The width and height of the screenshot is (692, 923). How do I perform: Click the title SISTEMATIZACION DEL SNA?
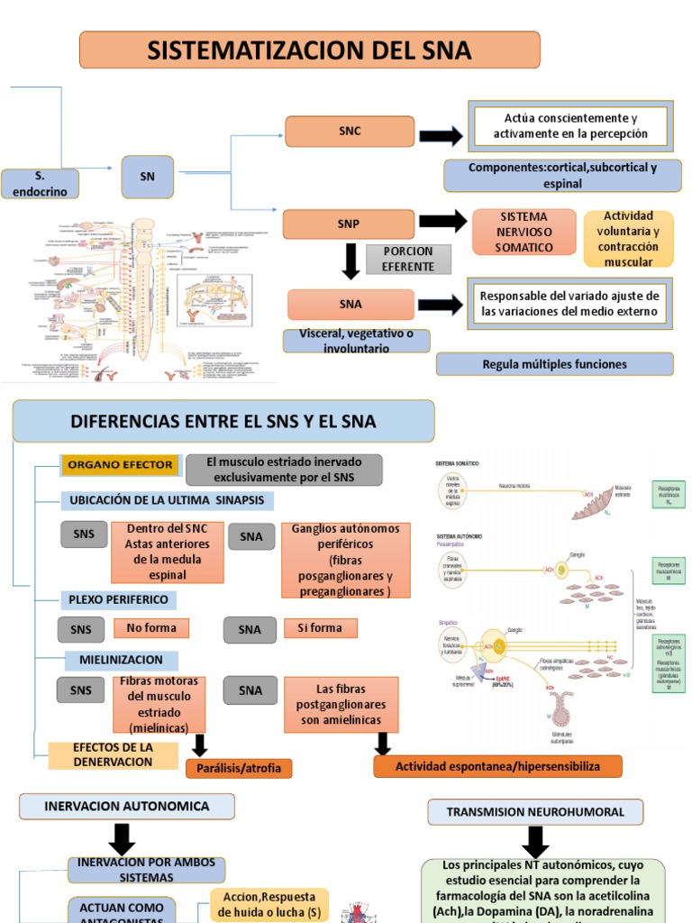pyautogui.click(x=309, y=50)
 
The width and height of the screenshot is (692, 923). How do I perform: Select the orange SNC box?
pyautogui.click(x=350, y=132)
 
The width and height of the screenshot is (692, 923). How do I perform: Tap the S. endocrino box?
pyautogui.click(x=40, y=183)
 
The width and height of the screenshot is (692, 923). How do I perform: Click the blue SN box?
pyautogui.click(x=147, y=177)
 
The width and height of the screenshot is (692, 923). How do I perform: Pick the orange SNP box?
pyautogui.click(x=349, y=224)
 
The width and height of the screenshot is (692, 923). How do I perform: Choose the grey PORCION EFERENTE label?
pyautogui.click(x=407, y=259)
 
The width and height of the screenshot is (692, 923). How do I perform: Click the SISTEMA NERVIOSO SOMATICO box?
pyautogui.click(x=524, y=232)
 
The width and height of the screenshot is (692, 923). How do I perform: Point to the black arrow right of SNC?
pyautogui.click(x=441, y=135)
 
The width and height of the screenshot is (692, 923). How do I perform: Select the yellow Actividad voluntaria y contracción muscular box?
pyautogui.click(x=628, y=239)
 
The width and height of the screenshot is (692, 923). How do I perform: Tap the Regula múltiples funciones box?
pyautogui.click(x=554, y=364)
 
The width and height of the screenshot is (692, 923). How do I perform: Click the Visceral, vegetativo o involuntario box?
pyautogui.click(x=356, y=341)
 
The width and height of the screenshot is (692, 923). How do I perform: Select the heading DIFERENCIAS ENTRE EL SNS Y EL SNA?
pyautogui.click(x=223, y=421)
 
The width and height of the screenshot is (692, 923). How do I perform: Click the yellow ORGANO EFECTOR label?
pyautogui.click(x=119, y=465)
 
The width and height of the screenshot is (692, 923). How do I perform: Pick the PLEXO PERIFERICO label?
pyautogui.click(x=118, y=599)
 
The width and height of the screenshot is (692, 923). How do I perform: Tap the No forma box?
pyautogui.click(x=151, y=627)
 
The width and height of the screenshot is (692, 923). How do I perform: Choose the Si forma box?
pyautogui.click(x=320, y=627)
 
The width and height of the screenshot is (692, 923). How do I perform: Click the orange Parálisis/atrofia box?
pyautogui.click(x=239, y=768)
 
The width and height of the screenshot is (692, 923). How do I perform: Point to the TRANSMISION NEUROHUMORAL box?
pyautogui.click(x=535, y=811)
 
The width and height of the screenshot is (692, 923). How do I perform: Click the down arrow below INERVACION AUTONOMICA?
pyautogui.click(x=122, y=839)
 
